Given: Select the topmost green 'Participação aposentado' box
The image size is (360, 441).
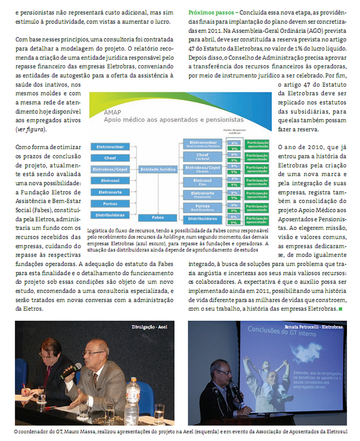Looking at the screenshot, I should [257, 145].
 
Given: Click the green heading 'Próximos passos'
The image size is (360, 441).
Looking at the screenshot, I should [210, 11].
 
